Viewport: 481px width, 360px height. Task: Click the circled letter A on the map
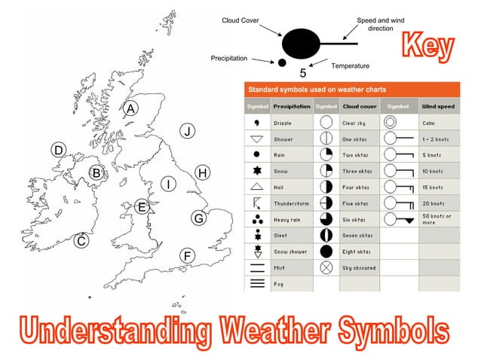point(130,108)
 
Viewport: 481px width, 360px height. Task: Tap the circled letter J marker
point(188,131)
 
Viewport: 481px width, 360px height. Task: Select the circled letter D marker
point(57,150)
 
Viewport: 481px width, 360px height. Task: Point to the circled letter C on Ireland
point(81,241)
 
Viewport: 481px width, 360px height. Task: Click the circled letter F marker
point(187,256)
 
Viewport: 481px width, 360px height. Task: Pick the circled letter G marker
point(198,218)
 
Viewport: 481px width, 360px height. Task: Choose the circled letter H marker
point(202,173)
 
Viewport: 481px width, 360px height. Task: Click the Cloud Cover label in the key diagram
point(240,20)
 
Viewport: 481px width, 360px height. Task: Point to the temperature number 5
point(303,73)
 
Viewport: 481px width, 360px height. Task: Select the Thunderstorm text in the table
point(291,203)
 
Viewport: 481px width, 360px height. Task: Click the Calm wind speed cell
point(429,122)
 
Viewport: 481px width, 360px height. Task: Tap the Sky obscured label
point(358,267)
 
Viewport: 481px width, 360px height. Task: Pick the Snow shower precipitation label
point(290,251)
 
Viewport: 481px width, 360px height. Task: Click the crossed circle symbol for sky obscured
point(326,267)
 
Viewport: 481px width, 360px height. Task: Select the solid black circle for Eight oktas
point(326,251)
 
